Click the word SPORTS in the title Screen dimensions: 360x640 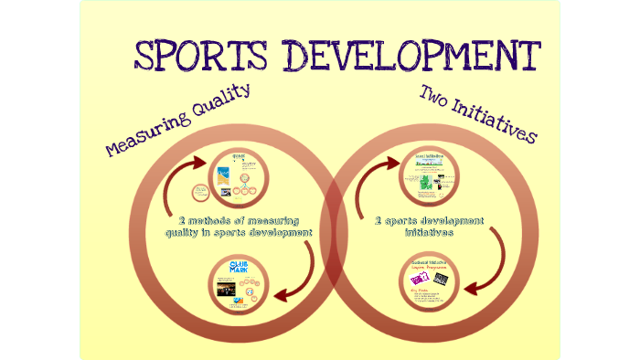pos(198,57)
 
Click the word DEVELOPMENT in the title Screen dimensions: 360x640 pos(404,56)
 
